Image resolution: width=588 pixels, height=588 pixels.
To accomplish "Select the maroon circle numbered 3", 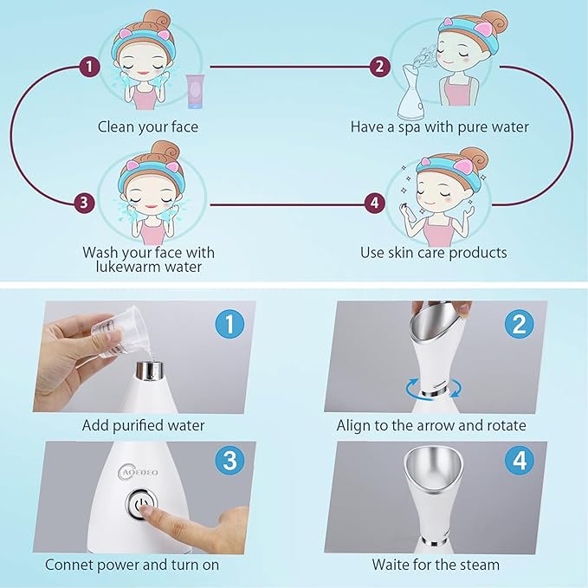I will coord(83,204).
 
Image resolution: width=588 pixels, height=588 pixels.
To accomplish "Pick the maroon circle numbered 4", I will coord(374,204).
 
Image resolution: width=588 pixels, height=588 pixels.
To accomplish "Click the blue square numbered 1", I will coord(229,325).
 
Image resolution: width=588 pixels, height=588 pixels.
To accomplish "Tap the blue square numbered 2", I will coord(519,325).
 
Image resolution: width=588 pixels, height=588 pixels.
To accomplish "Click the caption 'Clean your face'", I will coord(147,127).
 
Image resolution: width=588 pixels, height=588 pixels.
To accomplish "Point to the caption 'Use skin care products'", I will coord(434,253).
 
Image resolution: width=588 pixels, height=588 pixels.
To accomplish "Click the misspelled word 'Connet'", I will coord(71,565).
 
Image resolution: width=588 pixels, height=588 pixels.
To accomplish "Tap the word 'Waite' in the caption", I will coord(391,565).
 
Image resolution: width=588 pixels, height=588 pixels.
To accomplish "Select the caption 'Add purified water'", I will coord(144,426).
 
